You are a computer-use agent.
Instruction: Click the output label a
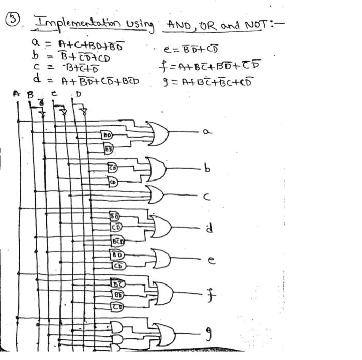click(207, 132)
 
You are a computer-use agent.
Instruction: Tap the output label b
click(207, 169)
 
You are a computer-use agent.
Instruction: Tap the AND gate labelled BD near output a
click(108, 136)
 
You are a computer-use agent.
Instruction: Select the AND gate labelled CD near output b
click(112, 182)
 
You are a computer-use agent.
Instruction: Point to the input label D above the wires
click(79, 94)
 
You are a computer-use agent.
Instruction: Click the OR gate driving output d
click(161, 226)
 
